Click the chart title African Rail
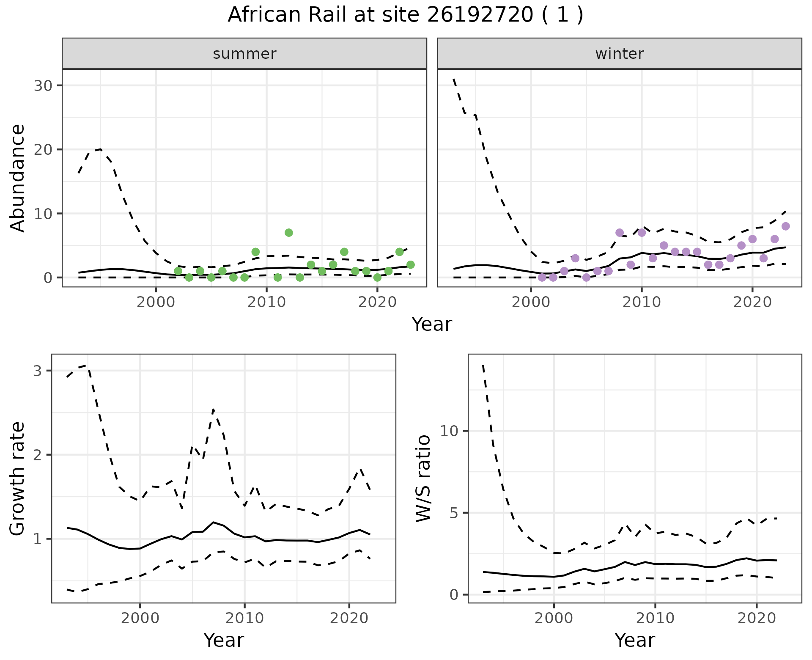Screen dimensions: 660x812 pyautogui.click(x=405, y=15)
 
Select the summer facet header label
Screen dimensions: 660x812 pyautogui.click(x=244, y=54)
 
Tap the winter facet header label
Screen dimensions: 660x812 pyautogui.click(x=619, y=54)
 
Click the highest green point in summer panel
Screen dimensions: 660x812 pyautogui.click(x=289, y=233)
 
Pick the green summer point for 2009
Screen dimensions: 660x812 pyautogui.click(x=255, y=252)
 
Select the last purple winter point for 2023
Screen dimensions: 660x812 pyautogui.click(x=785, y=226)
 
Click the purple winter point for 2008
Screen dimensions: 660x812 pyautogui.click(x=620, y=233)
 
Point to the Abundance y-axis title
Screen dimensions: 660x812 pyautogui.click(x=18, y=178)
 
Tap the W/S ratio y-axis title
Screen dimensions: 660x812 pyautogui.click(x=423, y=478)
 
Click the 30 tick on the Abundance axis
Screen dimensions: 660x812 pyautogui.click(x=43, y=86)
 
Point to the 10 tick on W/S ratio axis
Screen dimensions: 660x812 pyautogui.click(x=449, y=431)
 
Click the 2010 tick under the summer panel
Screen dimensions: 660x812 pyautogui.click(x=266, y=302)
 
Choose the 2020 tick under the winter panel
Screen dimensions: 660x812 pyautogui.click(x=752, y=302)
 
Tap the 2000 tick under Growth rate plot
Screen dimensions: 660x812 pyautogui.click(x=140, y=618)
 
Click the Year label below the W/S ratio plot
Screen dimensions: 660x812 pyautogui.click(x=634, y=640)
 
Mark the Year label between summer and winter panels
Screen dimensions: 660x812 pyautogui.click(x=432, y=324)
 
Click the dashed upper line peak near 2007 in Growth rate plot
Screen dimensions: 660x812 pyautogui.click(x=214, y=410)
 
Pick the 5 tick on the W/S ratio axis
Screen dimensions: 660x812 pyautogui.click(x=453, y=513)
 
